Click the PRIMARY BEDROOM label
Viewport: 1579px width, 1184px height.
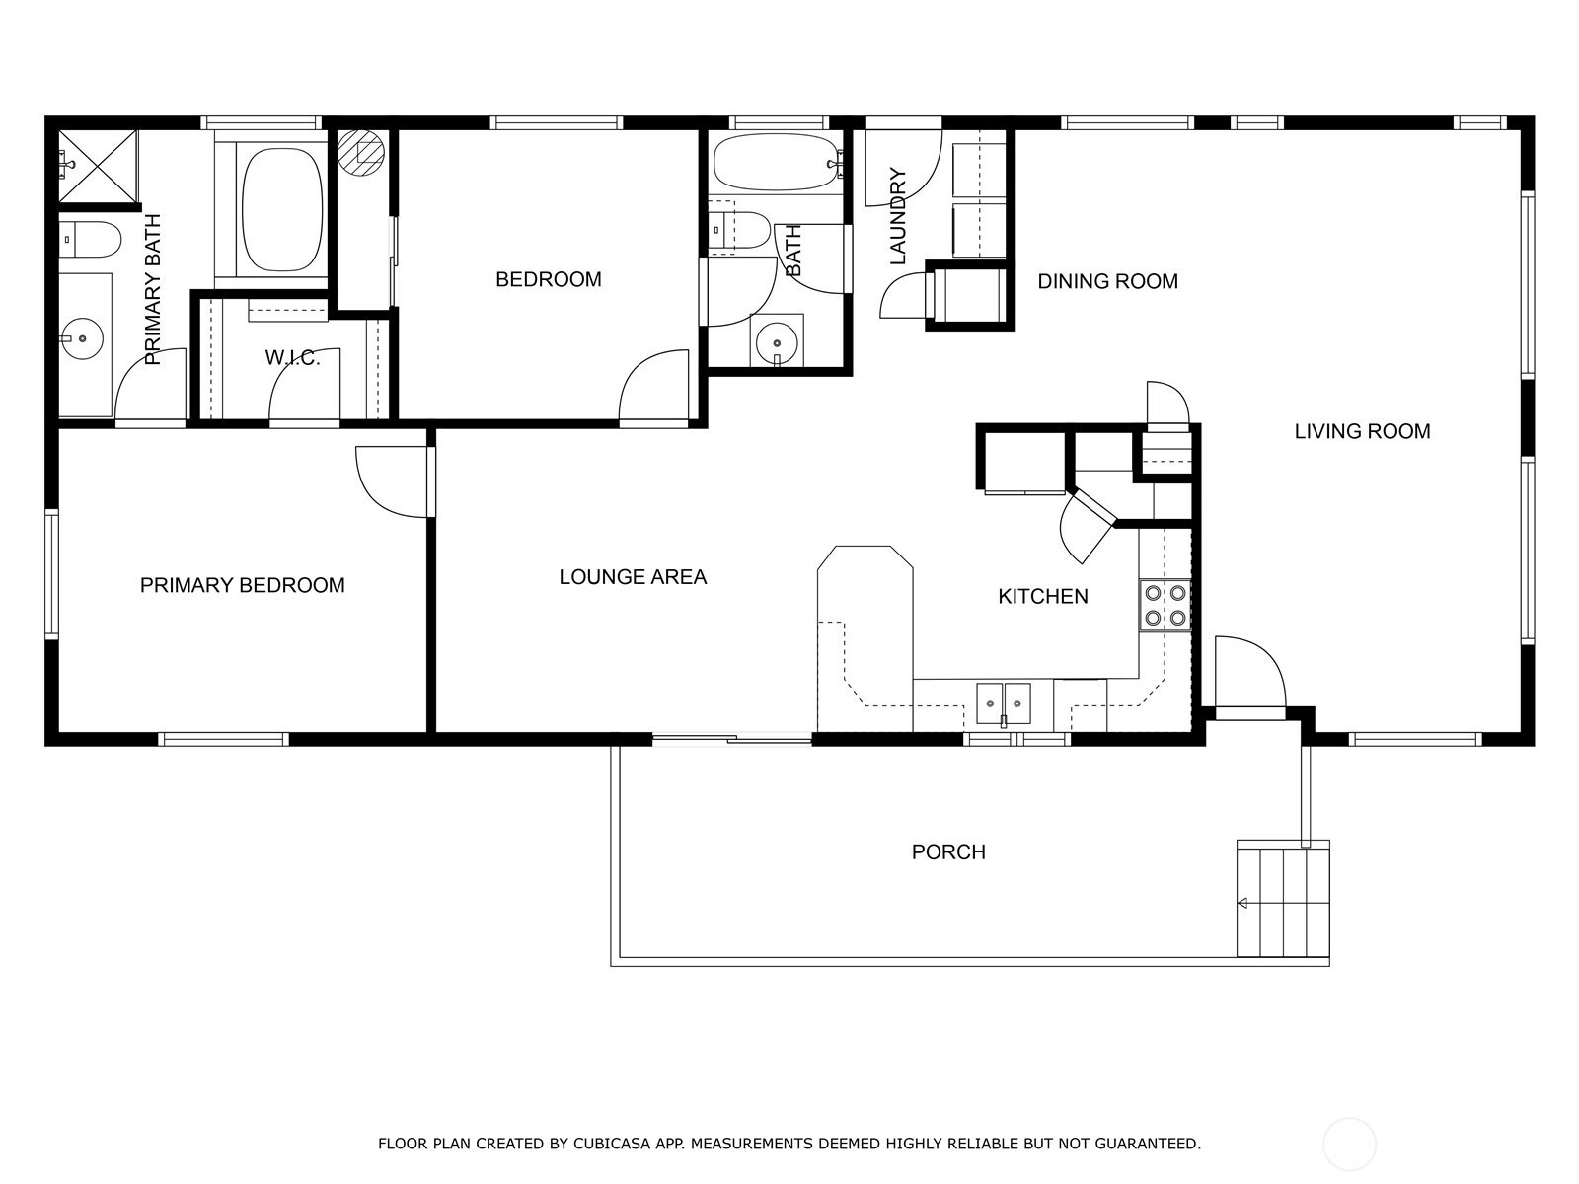coord(243,585)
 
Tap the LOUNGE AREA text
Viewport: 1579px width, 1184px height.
coord(633,576)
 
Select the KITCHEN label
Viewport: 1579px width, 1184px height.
coord(1043,596)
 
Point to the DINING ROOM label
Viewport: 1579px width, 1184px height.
coord(1108,281)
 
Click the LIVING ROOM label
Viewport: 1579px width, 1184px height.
coord(1363,431)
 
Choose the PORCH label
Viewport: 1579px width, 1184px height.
coord(948,851)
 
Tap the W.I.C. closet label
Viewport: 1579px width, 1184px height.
coord(292,357)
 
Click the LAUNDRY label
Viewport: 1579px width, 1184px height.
coord(898,216)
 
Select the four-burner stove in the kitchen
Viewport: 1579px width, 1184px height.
coord(1165,605)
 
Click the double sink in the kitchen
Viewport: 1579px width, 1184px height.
coord(1003,703)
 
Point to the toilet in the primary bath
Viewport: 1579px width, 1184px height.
coord(89,240)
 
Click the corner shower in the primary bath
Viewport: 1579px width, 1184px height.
coord(97,166)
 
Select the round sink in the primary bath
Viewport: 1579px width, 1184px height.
coord(82,337)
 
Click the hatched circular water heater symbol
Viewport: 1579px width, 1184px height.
coord(361,152)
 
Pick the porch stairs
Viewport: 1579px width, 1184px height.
coord(1283,899)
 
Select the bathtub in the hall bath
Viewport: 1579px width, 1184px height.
coord(777,162)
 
